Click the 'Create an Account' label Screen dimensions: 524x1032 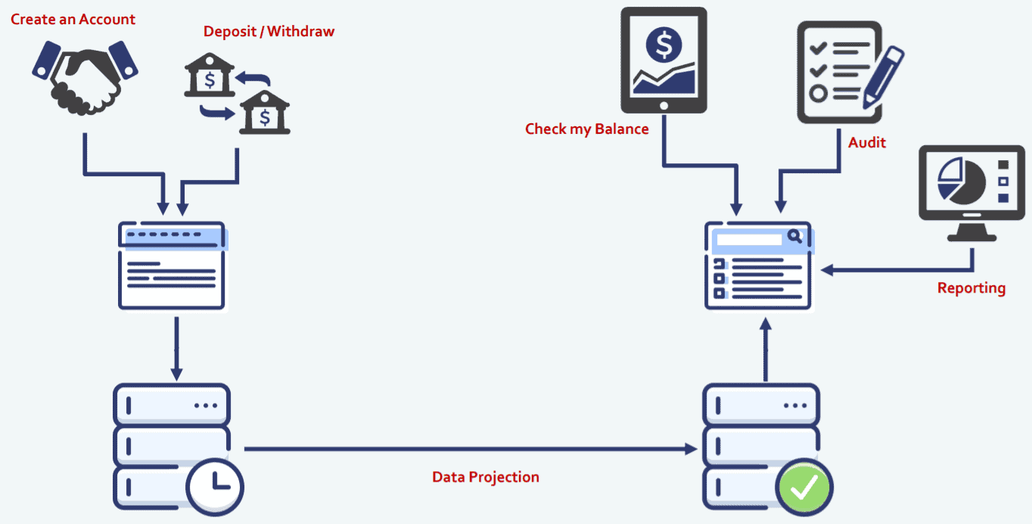coord(73,19)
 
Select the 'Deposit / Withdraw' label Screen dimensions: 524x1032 coord(269,32)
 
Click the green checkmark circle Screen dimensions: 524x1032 coord(803,487)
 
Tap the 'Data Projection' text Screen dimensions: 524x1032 coord(485,477)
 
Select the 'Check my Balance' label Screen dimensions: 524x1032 coord(586,129)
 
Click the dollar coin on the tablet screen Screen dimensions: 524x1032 coord(664,45)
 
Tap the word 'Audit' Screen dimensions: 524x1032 coord(866,142)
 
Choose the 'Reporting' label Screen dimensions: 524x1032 coord(971,288)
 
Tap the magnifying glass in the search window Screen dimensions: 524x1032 coord(794,237)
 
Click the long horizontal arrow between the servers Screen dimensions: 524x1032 coord(469,449)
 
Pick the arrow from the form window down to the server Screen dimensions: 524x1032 coord(176,348)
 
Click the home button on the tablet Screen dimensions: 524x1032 coord(664,106)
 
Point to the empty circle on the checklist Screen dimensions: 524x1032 coord(817,94)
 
